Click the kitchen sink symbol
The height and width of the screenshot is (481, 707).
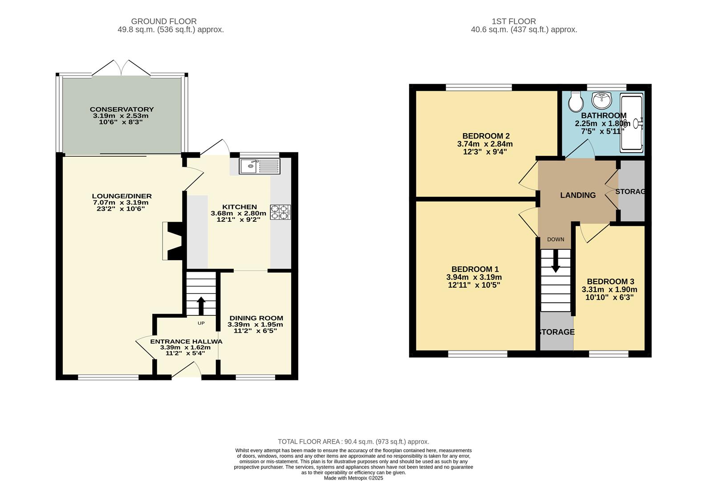pyautogui.click(x=260, y=167)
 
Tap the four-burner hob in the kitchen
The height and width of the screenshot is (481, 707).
pyautogui.click(x=280, y=212)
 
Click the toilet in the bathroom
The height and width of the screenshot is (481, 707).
pyautogui.click(x=576, y=102)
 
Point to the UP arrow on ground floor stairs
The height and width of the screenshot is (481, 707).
pyautogui.click(x=201, y=306)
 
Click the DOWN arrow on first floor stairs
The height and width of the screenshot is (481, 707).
pyautogui.click(x=556, y=263)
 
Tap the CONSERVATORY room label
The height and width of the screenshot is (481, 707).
pyautogui.click(x=122, y=109)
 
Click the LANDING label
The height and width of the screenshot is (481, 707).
pyautogui.click(x=577, y=195)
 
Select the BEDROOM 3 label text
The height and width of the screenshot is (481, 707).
pyautogui.click(x=610, y=281)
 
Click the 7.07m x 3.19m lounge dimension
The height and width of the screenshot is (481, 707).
pyautogui.click(x=120, y=202)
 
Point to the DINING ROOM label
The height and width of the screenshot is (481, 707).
pyautogui.click(x=256, y=318)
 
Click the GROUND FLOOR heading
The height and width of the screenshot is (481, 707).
pyautogui.click(x=164, y=21)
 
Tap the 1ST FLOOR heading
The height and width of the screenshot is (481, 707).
pyautogui.click(x=514, y=21)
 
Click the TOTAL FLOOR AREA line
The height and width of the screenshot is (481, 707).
pyautogui.click(x=353, y=442)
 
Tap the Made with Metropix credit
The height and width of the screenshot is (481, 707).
pyautogui.click(x=353, y=478)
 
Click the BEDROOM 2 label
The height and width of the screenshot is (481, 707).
pyautogui.click(x=486, y=136)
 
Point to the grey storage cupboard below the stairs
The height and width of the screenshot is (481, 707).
pyautogui.click(x=556, y=332)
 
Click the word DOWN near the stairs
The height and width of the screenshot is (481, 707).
pyautogui.click(x=556, y=240)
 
